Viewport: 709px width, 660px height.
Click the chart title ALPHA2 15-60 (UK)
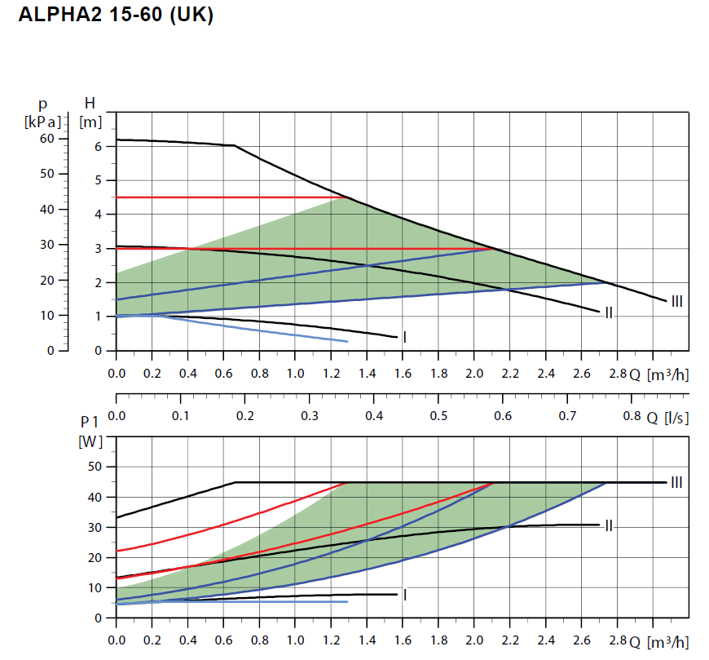(x=115, y=16)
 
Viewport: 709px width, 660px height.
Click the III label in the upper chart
(x=676, y=302)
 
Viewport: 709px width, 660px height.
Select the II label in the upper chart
(x=609, y=312)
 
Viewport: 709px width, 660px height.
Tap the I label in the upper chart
(x=405, y=336)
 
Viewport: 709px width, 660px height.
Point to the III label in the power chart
(x=676, y=482)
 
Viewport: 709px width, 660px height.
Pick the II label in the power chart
(x=609, y=525)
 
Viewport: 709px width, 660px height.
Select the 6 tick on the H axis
(x=99, y=147)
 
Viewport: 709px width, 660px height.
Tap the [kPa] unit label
(x=42, y=122)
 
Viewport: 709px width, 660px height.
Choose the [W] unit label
(x=89, y=441)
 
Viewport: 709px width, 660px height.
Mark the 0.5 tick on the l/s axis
(x=438, y=416)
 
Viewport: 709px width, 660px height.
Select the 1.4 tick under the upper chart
(x=367, y=374)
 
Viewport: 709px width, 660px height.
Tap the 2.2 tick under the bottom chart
(x=509, y=640)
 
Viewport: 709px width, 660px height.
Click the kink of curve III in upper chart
(x=235, y=145)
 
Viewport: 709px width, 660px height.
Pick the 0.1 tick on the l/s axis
(x=181, y=416)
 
